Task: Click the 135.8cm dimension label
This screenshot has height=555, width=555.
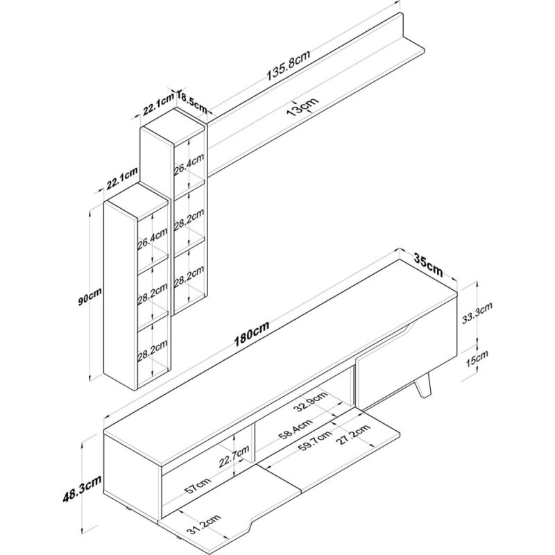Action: (x=288, y=65)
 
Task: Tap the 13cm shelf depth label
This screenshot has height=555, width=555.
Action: (x=302, y=106)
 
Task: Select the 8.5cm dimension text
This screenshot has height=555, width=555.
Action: (x=193, y=102)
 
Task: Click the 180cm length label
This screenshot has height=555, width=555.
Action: (x=252, y=334)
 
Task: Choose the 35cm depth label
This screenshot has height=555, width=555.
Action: (x=428, y=265)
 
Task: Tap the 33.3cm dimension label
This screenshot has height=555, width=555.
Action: (x=477, y=314)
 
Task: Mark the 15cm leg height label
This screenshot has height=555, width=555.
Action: (x=477, y=358)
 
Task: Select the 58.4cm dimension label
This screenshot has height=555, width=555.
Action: (x=296, y=430)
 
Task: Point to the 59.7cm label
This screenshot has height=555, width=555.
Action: (x=315, y=441)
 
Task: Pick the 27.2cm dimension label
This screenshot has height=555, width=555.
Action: (x=353, y=435)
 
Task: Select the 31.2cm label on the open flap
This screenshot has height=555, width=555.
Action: (x=204, y=525)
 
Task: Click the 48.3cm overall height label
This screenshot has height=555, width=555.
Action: (x=82, y=489)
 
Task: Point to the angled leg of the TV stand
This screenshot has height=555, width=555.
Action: (x=424, y=385)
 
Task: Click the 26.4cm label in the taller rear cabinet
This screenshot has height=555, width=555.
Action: (x=189, y=164)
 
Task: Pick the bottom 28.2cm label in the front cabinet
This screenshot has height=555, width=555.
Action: (x=152, y=350)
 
